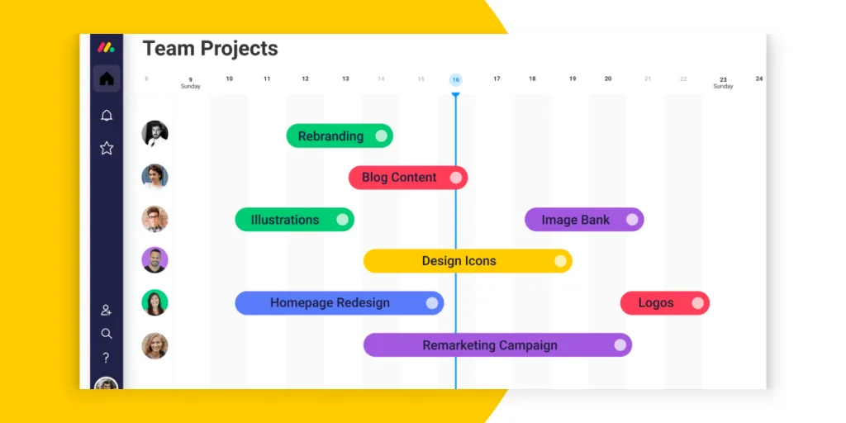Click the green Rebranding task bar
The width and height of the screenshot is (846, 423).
(340, 136)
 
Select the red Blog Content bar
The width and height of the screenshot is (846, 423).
(408, 178)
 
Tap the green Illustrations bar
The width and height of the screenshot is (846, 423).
(295, 220)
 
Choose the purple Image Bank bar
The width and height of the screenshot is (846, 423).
(584, 220)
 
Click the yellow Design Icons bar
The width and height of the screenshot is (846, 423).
(468, 261)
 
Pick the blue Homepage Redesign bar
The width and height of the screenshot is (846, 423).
(340, 303)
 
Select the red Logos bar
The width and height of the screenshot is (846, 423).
(665, 303)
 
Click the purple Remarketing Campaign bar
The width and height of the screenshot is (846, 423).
(497, 345)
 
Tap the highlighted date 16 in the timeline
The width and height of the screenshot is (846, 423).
(456, 80)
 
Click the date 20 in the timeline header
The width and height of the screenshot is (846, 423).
(608, 78)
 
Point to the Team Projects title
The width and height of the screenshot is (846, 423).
(210, 49)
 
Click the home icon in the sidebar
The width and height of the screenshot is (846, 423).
(107, 78)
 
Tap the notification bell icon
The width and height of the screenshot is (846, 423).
(107, 115)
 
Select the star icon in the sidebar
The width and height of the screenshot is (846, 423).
(107, 148)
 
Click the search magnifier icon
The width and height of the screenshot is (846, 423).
(107, 334)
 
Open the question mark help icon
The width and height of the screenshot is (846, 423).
(107, 358)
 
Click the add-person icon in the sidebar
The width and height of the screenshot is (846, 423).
(107, 311)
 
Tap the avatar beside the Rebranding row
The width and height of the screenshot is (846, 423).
(154, 133)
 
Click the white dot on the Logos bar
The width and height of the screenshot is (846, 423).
(698, 303)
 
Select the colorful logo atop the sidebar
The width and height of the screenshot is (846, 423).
(106, 47)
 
